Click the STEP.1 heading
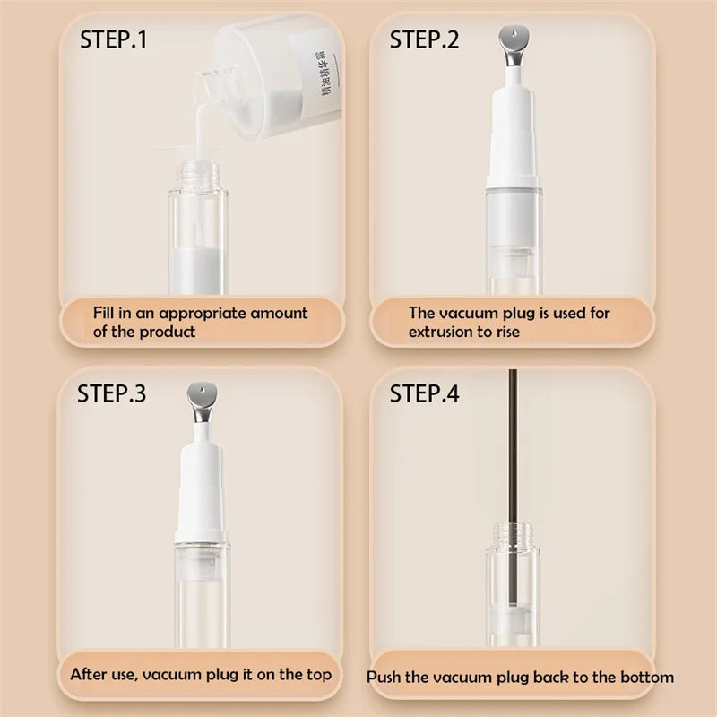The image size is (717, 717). [x=113, y=39]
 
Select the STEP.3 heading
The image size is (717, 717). [x=112, y=393]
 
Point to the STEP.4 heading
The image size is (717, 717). [x=424, y=393]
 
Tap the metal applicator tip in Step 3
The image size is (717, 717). [x=204, y=394]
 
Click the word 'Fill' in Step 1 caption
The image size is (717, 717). [x=105, y=313]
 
